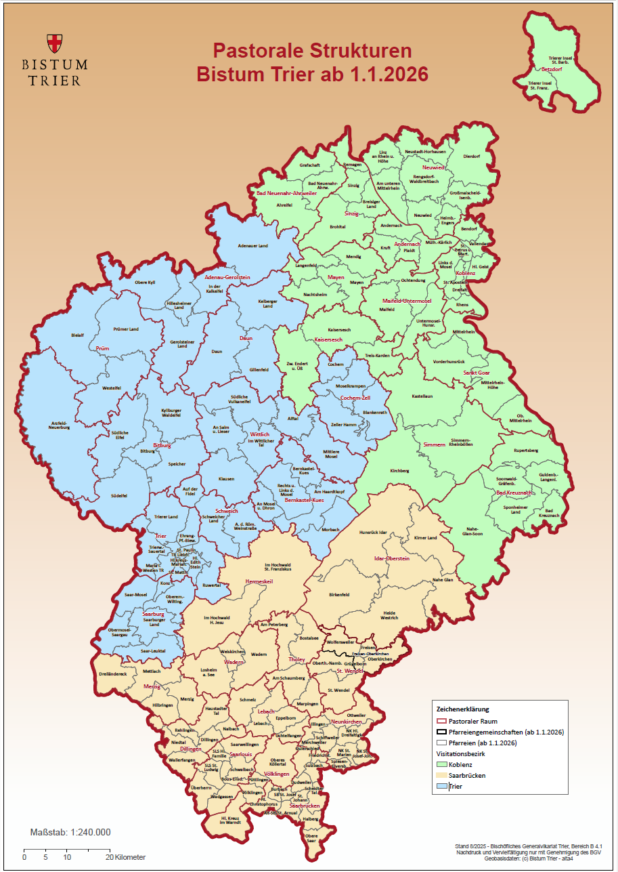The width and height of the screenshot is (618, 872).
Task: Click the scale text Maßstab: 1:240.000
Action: pyautogui.click(x=70, y=832)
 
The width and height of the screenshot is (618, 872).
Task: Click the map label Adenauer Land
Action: pyautogui.click(x=254, y=246)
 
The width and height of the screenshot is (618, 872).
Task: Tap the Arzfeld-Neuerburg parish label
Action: pyautogui.click(x=60, y=425)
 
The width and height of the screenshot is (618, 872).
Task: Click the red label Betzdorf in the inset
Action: pyautogui.click(x=552, y=69)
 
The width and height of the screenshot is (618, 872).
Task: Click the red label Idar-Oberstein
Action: pyautogui.click(x=392, y=558)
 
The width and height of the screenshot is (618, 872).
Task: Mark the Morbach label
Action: pyautogui.click(x=331, y=529)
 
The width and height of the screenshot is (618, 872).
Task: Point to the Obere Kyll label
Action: pyautogui.click(x=145, y=283)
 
